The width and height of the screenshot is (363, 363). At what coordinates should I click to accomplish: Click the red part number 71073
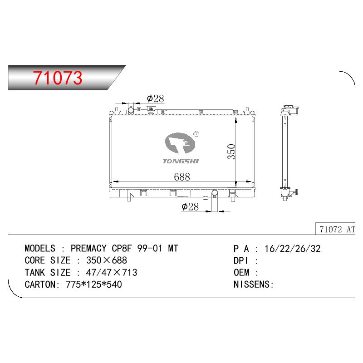(58, 78)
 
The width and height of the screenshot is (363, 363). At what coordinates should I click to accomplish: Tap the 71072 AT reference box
(335, 229)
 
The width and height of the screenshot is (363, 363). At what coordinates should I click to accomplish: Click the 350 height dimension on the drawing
(231, 152)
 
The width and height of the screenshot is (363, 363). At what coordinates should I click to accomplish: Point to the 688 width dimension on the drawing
(182, 177)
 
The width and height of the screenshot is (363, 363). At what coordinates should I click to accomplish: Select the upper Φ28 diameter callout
(155, 98)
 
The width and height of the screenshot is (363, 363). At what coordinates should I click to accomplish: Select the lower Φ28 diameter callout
(190, 206)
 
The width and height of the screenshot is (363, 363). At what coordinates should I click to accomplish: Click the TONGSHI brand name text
(181, 161)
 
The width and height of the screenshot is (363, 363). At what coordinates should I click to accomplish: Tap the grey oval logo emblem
(180, 143)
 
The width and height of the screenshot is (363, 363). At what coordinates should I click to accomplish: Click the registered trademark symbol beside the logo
(196, 134)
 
